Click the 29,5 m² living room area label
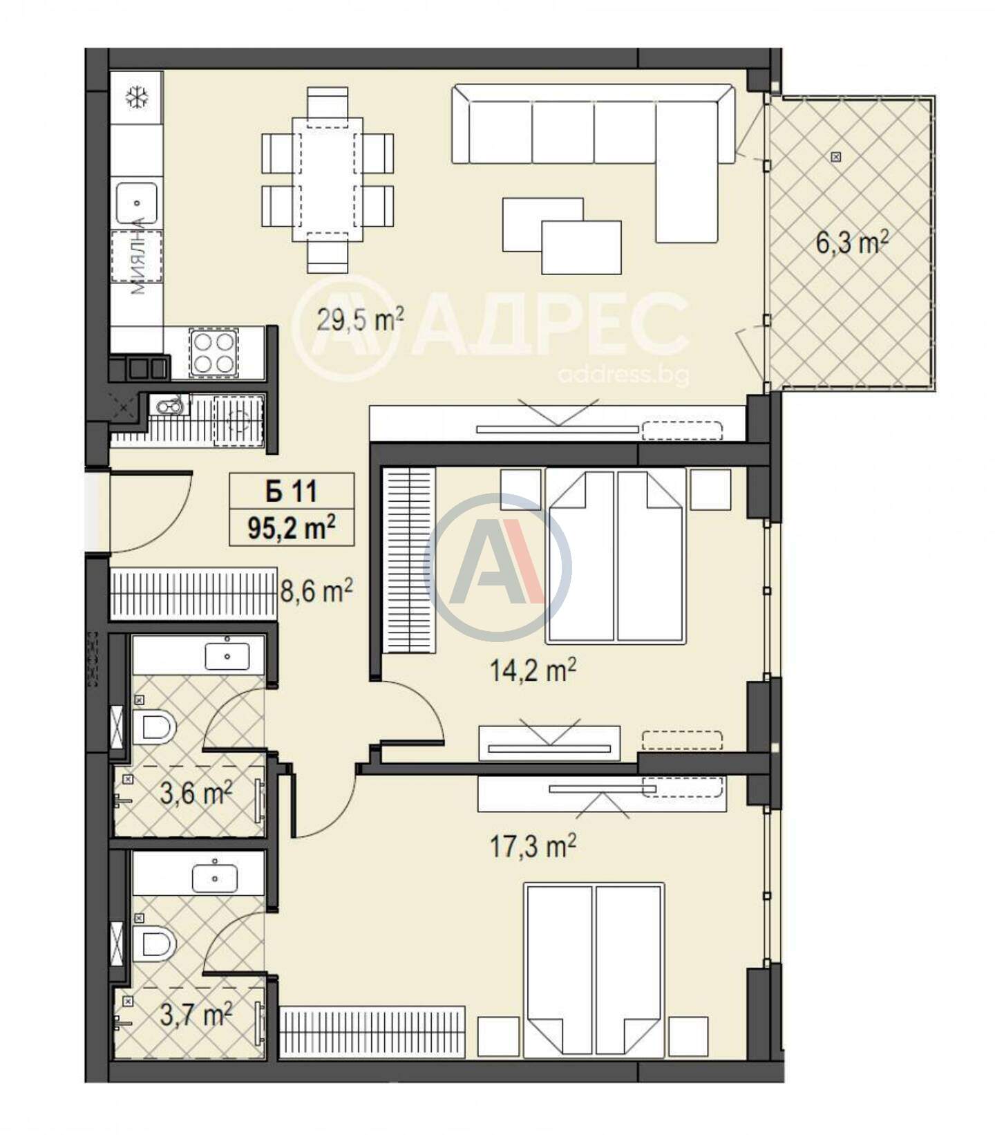click(360, 319)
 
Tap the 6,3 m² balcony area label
click(852, 243)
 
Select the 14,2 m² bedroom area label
click(533, 670)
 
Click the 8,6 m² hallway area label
click(316, 591)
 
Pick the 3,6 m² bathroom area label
click(196, 793)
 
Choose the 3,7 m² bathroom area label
click(196, 1015)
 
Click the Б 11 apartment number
click(291, 491)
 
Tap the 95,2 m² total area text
click(292, 529)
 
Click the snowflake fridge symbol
click(137, 97)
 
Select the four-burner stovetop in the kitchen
click(214, 353)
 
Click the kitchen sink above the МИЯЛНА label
click(137, 203)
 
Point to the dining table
click(328, 180)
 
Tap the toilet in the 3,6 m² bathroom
click(153, 728)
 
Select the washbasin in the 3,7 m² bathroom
click(215, 879)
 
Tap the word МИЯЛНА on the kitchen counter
click(138, 256)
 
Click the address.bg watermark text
click(623, 375)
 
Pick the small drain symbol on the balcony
click(837, 157)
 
